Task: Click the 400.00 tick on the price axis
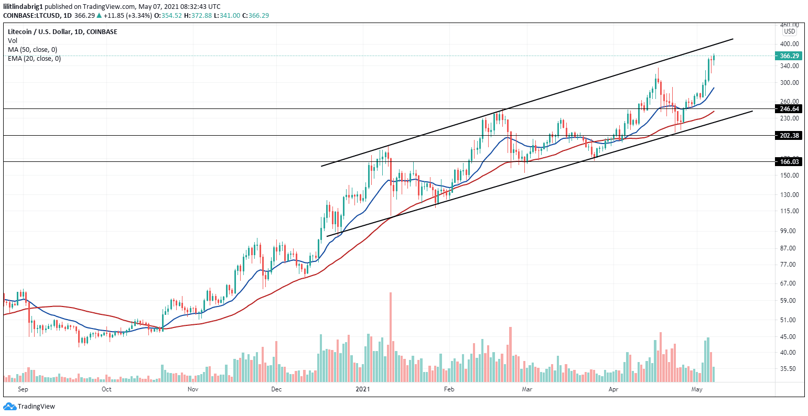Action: (789, 43)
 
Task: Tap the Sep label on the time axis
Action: (23, 389)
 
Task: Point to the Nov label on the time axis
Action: (192, 389)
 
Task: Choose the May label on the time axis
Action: (697, 389)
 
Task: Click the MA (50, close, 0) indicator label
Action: (33, 49)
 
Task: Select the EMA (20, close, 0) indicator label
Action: (34, 58)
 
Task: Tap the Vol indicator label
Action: (13, 40)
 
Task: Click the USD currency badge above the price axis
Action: (790, 31)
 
